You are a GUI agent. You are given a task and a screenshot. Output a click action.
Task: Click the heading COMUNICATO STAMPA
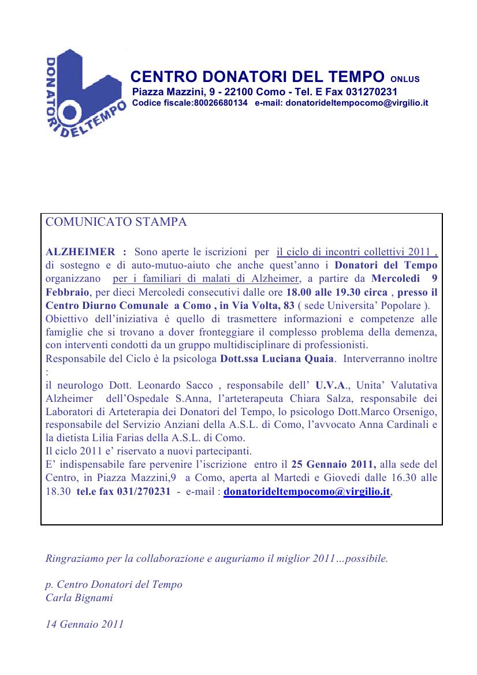pyautogui.click(x=115, y=222)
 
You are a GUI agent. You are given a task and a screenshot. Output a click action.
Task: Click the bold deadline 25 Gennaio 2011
pyautogui.click(x=334, y=464)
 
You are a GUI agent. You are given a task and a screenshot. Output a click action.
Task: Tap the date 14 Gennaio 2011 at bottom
pyautogui.click(x=84, y=624)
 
